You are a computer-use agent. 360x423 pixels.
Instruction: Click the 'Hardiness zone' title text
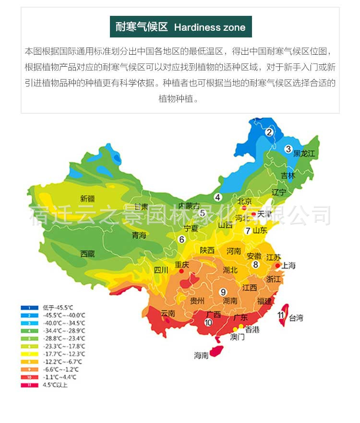209,27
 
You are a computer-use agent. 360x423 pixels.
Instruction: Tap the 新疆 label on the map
88,199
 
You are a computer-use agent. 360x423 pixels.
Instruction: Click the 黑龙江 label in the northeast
304,154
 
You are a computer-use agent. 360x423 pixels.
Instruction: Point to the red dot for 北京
244,208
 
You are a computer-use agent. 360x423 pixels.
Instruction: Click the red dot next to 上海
277,265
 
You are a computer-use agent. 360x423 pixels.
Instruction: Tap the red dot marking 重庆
181,271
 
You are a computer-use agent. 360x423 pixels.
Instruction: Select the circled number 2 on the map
269,132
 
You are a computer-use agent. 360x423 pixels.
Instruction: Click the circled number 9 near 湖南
223,292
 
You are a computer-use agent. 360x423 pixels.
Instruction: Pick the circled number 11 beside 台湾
281,315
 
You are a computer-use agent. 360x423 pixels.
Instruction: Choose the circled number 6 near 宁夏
181,239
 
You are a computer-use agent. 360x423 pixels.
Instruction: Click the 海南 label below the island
202,355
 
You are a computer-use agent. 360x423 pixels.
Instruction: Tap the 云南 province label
168,314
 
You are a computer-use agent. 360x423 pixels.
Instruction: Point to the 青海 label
139,235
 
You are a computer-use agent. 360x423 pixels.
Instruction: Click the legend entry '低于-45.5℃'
58,307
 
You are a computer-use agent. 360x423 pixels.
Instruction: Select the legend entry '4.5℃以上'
55,385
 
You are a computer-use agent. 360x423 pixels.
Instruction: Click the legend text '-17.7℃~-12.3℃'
63,354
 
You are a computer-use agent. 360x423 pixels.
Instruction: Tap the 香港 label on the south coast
252,330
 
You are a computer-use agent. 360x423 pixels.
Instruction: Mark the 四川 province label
161,270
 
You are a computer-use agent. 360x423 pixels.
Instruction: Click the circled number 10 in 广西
208,323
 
